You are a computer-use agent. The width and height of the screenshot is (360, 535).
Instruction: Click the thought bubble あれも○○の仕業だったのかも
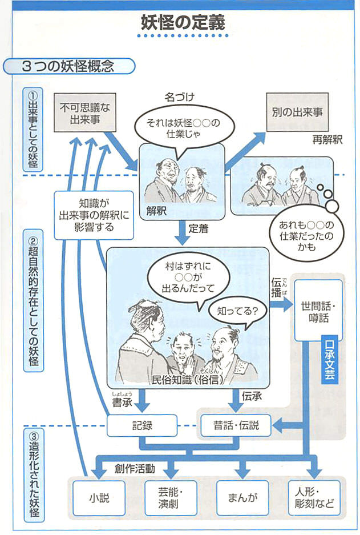(x=302, y=231)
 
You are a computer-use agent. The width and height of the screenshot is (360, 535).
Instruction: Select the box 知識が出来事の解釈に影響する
(x=94, y=215)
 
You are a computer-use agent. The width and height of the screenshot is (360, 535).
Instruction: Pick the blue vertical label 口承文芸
(x=330, y=363)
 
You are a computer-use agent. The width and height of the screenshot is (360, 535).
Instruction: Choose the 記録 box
(x=140, y=425)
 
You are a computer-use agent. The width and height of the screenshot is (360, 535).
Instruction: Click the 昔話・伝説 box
(x=236, y=425)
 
